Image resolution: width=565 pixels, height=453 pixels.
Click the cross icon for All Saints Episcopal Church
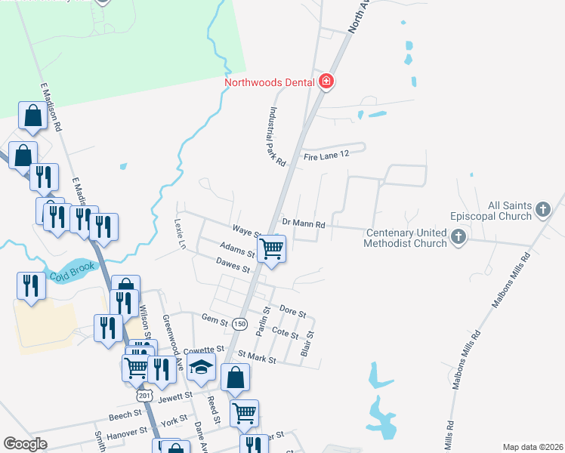click(543, 209)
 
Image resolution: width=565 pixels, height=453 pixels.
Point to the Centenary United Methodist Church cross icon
click(458, 238)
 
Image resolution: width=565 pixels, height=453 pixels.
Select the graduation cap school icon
click(202, 368)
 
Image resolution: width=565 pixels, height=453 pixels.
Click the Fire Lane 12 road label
click(328, 156)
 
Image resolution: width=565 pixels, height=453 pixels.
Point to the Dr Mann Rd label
click(303, 224)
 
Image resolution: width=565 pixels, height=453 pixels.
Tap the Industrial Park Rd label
click(275, 136)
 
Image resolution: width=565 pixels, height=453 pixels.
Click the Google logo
click(25, 444)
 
